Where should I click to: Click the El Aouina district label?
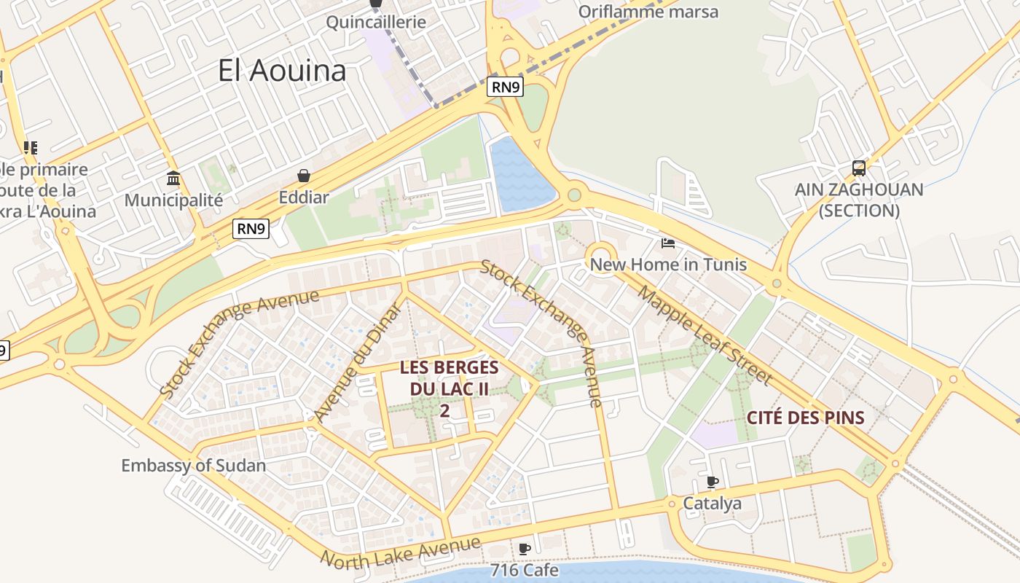[282, 71]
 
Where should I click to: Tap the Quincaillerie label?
[375, 22]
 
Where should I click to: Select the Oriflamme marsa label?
[648, 12]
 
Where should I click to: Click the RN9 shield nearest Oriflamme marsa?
[505, 87]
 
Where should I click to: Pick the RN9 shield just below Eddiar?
[251, 229]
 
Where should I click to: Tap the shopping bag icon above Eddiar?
[304, 176]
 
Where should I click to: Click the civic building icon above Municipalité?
[173, 178]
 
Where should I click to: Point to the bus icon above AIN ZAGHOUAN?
[859, 168]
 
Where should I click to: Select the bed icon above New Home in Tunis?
[668, 243]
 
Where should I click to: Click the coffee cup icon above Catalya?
[713, 482]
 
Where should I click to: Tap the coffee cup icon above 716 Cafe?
[524, 549]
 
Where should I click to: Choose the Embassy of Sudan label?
[193, 465]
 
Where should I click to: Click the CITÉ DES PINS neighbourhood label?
[805, 418]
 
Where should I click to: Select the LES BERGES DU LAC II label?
[449, 388]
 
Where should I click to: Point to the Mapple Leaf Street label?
[704, 334]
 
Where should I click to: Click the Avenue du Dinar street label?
[357, 362]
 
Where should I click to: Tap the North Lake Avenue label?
[401, 553]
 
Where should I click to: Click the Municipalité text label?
[173, 200]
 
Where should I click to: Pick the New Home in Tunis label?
[668, 264]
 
